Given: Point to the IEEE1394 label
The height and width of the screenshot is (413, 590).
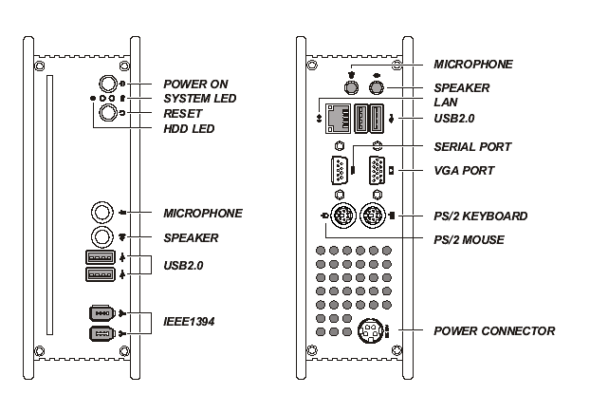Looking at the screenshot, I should [191, 323].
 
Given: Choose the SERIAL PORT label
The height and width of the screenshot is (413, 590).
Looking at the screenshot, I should [472, 147].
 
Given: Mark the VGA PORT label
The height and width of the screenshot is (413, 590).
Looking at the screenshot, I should [464, 170].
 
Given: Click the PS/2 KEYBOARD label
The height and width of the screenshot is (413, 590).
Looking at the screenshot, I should [480, 216].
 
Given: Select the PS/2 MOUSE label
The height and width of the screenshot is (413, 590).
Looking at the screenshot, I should [470, 239].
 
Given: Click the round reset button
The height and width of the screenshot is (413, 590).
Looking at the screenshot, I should [109, 112].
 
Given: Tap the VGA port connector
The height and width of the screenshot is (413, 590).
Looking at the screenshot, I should [377, 172].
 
